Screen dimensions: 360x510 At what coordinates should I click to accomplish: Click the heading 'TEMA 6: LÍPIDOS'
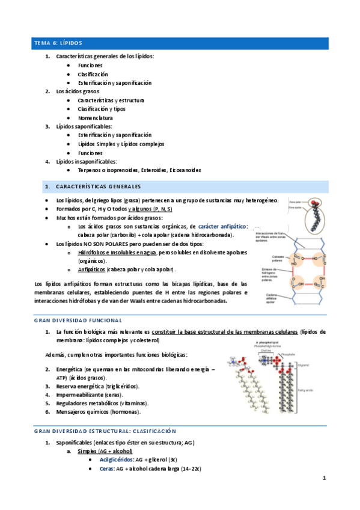pyautogui.click(x=58, y=43)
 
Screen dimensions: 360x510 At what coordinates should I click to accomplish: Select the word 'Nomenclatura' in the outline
pyautogui.click(x=95, y=118)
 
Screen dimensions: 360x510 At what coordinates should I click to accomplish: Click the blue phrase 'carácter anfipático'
pyautogui.click(x=222, y=226)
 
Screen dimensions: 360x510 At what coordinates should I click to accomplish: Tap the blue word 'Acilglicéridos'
pyautogui.click(x=109, y=458)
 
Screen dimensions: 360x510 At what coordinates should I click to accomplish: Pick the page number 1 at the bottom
pyautogui.click(x=324, y=479)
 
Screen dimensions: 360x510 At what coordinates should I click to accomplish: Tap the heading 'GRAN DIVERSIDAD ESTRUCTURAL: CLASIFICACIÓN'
pyautogui.click(x=105, y=431)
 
